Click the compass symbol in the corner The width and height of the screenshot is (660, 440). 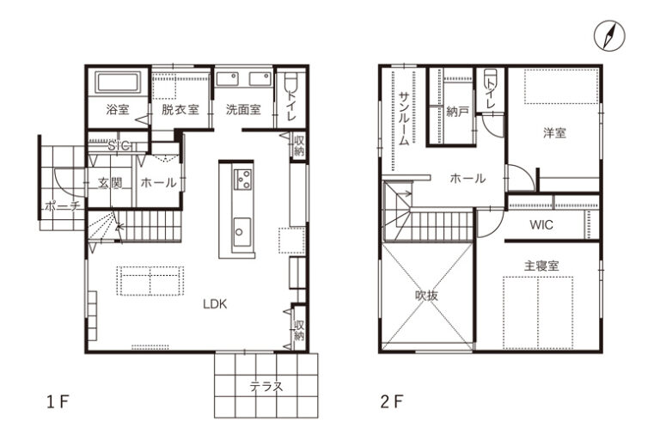609,36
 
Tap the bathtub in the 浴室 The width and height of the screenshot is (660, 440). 118,82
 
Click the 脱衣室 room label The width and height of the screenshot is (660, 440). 180,110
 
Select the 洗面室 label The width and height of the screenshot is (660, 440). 243,110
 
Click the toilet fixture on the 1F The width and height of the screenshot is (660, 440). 290,82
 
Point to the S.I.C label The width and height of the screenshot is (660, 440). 119,146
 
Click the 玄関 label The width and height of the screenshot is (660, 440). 110,183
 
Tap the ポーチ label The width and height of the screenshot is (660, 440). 62,206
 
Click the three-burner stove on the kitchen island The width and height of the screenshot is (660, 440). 243,179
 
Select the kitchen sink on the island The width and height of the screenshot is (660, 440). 241,232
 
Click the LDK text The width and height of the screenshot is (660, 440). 215,304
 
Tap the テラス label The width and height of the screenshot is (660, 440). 266,386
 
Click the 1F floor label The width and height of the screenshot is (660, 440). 58,402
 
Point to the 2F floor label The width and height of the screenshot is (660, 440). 392,402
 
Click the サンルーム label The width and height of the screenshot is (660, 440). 404,119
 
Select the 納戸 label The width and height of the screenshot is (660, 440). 457,112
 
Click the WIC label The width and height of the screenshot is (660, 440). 541,225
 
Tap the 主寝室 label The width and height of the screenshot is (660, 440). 541,266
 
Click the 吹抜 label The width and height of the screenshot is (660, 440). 426,296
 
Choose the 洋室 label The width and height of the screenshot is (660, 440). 555,133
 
